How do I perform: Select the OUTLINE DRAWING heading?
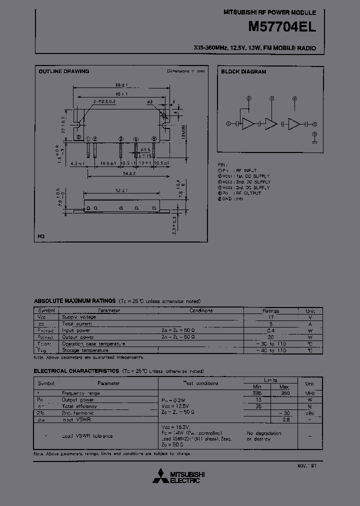64,71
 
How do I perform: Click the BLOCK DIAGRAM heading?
243,71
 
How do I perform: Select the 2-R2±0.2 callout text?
104,101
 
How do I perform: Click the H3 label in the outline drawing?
42,236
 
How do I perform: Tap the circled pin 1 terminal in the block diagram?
228,124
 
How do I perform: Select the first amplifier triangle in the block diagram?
248,124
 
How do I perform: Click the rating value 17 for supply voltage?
270,317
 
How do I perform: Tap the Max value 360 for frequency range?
285,393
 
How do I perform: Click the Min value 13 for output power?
258,399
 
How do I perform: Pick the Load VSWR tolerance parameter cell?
87,435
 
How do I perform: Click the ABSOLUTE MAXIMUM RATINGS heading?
74,301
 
